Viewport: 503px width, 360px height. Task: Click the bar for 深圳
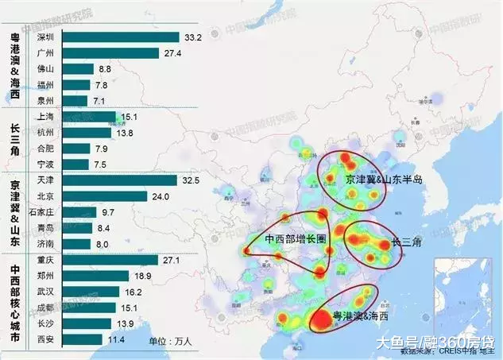tap(119, 37)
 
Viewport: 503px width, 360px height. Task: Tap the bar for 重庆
tap(109, 260)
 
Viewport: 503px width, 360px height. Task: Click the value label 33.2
tap(192, 37)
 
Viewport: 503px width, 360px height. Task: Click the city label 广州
tap(46, 53)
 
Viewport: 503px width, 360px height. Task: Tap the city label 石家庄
tap(41, 212)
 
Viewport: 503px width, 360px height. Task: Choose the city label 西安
tap(46, 339)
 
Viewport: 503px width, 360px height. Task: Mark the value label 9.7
tap(109, 212)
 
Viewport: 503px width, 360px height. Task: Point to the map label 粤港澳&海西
tap(362, 316)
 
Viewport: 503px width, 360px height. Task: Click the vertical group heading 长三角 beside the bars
tap(15, 141)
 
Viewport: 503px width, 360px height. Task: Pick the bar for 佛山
tap(77, 69)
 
